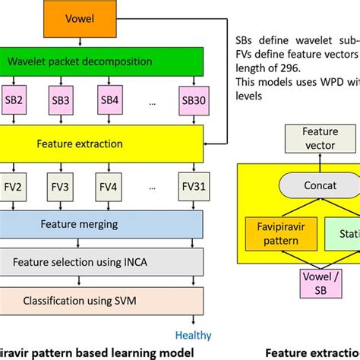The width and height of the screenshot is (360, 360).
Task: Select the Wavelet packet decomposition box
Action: [x=102, y=61]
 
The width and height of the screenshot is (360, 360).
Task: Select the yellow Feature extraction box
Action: [x=102, y=142]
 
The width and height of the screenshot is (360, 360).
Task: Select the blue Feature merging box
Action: [x=102, y=223]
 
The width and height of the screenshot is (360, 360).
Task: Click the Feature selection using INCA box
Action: [x=102, y=262]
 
